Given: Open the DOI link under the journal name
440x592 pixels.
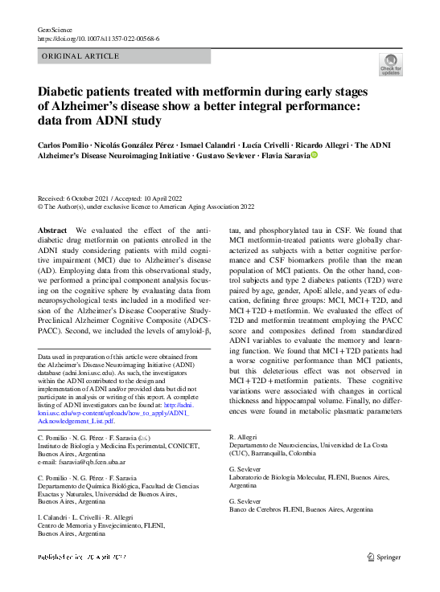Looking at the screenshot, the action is click(98, 39).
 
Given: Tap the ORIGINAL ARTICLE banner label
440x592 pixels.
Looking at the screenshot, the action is click(79, 55).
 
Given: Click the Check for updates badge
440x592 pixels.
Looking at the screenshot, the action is click(390, 64).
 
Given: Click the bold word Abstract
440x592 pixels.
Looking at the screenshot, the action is click(53, 230).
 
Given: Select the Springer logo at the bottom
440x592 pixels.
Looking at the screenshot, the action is click(384, 556).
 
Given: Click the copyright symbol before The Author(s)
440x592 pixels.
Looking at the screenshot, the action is click(42, 206).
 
